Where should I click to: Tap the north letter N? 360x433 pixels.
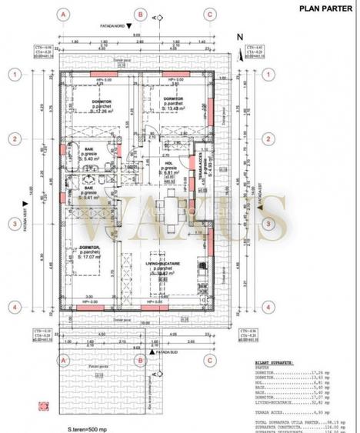(239, 36)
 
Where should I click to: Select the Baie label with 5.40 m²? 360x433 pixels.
(89, 173)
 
